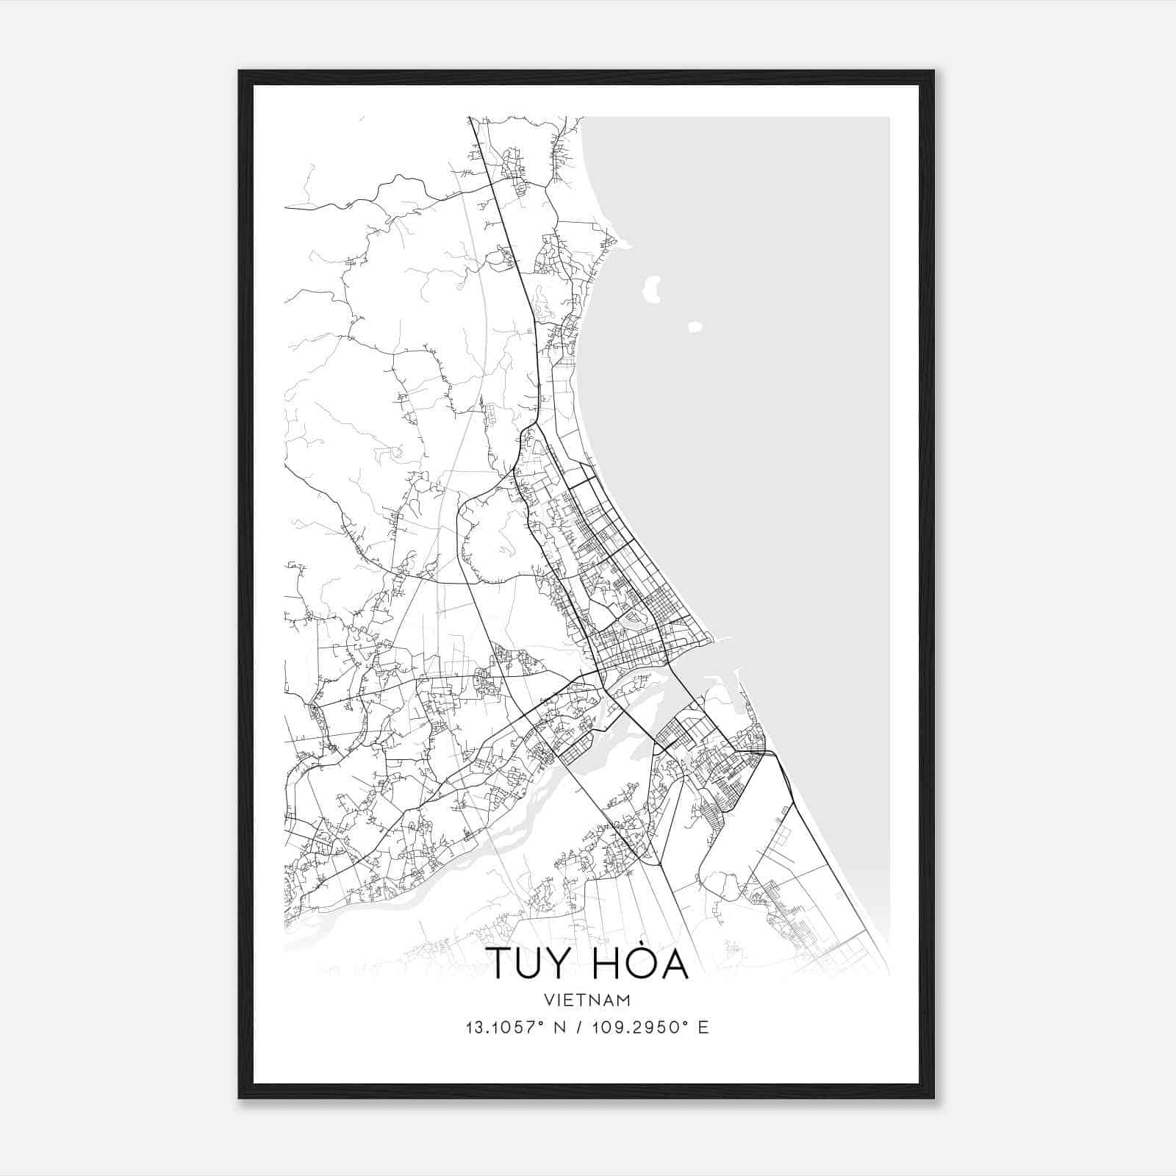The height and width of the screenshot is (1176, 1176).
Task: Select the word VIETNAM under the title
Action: [587, 1000]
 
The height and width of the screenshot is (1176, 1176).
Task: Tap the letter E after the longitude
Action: [703, 1028]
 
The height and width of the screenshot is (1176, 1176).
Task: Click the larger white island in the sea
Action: [651, 288]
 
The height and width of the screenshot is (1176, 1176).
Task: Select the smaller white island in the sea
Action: [695, 327]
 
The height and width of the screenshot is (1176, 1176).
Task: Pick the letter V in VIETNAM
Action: [550, 1000]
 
